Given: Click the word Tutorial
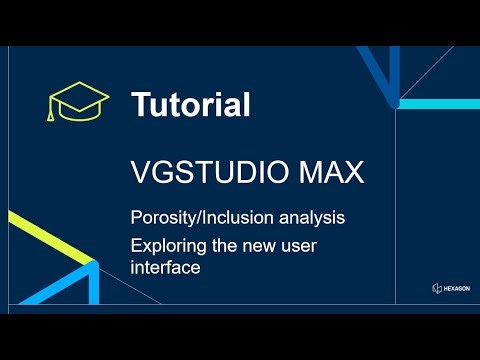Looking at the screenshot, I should click(191, 103).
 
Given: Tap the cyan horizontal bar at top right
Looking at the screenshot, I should click(440, 103).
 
